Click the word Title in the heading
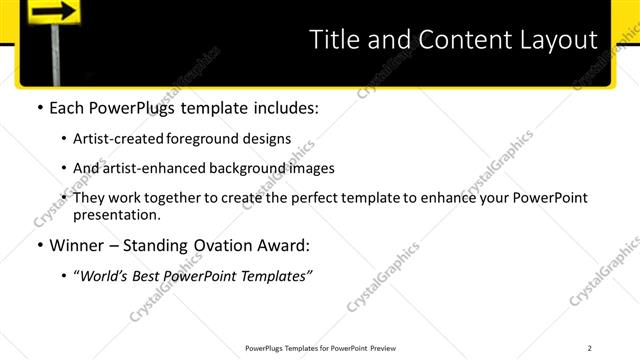[x=338, y=40]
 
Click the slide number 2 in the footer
[x=590, y=348]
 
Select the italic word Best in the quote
[x=150, y=276]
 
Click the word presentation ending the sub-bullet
[x=116, y=214]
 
